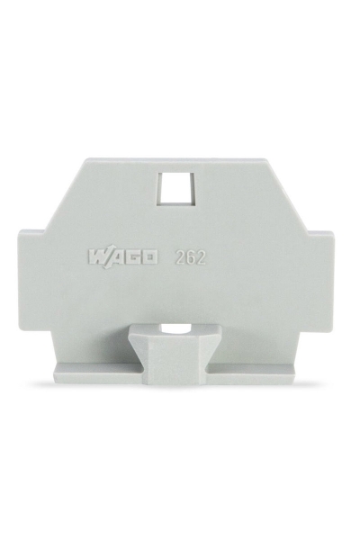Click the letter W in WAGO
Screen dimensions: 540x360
click(x=99, y=257)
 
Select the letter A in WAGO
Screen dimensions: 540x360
click(x=115, y=257)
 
